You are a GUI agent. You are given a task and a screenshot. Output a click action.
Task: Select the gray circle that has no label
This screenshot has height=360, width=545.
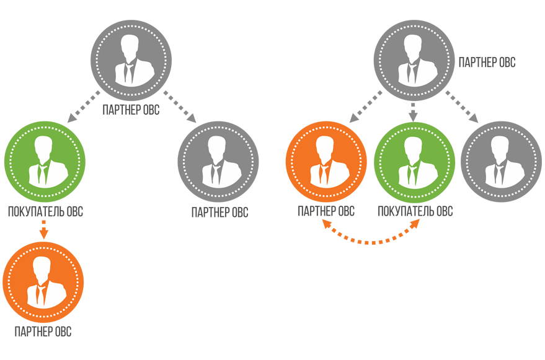tap(502, 161)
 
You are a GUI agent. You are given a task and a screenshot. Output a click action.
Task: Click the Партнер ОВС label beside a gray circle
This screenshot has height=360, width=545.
tap(487, 63)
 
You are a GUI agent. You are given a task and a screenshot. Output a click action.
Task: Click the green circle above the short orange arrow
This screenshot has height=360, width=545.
tap(44, 161)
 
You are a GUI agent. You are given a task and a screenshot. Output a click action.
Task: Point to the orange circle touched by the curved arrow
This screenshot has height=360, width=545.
tap(326, 161)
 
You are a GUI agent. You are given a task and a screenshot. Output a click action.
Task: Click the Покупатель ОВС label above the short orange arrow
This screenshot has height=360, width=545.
tap(45, 212)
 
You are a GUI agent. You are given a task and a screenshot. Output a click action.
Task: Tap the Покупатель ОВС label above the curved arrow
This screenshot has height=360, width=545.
tap(415, 212)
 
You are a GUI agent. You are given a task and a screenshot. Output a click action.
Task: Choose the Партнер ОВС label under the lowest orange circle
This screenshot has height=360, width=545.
tap(43, 332)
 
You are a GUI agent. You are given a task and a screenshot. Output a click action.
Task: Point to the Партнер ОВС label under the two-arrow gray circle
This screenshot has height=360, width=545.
tap(131, 112)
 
